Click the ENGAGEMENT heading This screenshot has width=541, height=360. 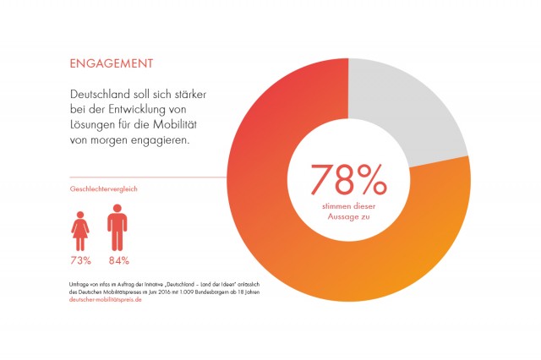pos(111,63)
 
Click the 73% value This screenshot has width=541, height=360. pos(81,260)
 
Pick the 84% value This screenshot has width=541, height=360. pos(117,260)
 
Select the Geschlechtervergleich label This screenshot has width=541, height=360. pos(103,188)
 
